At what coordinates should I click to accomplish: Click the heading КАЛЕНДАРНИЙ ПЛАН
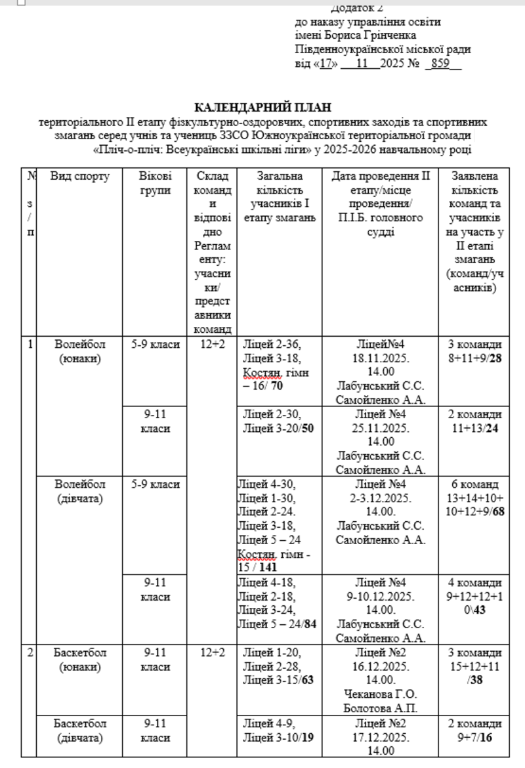click(x=262, y=107)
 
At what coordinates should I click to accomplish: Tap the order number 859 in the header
click(x=441, y=64)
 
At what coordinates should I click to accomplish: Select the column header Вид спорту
click(x=80, y=177)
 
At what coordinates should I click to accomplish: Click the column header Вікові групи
click(x=156, y=183)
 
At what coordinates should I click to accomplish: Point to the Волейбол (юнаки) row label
click(x=80, y=351)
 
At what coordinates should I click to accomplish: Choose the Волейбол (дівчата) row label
click(x=80, y=491)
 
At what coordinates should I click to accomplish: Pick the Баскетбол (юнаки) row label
click(x=80, y=660)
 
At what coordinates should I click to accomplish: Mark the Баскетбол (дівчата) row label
click(x=80, y=730)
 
